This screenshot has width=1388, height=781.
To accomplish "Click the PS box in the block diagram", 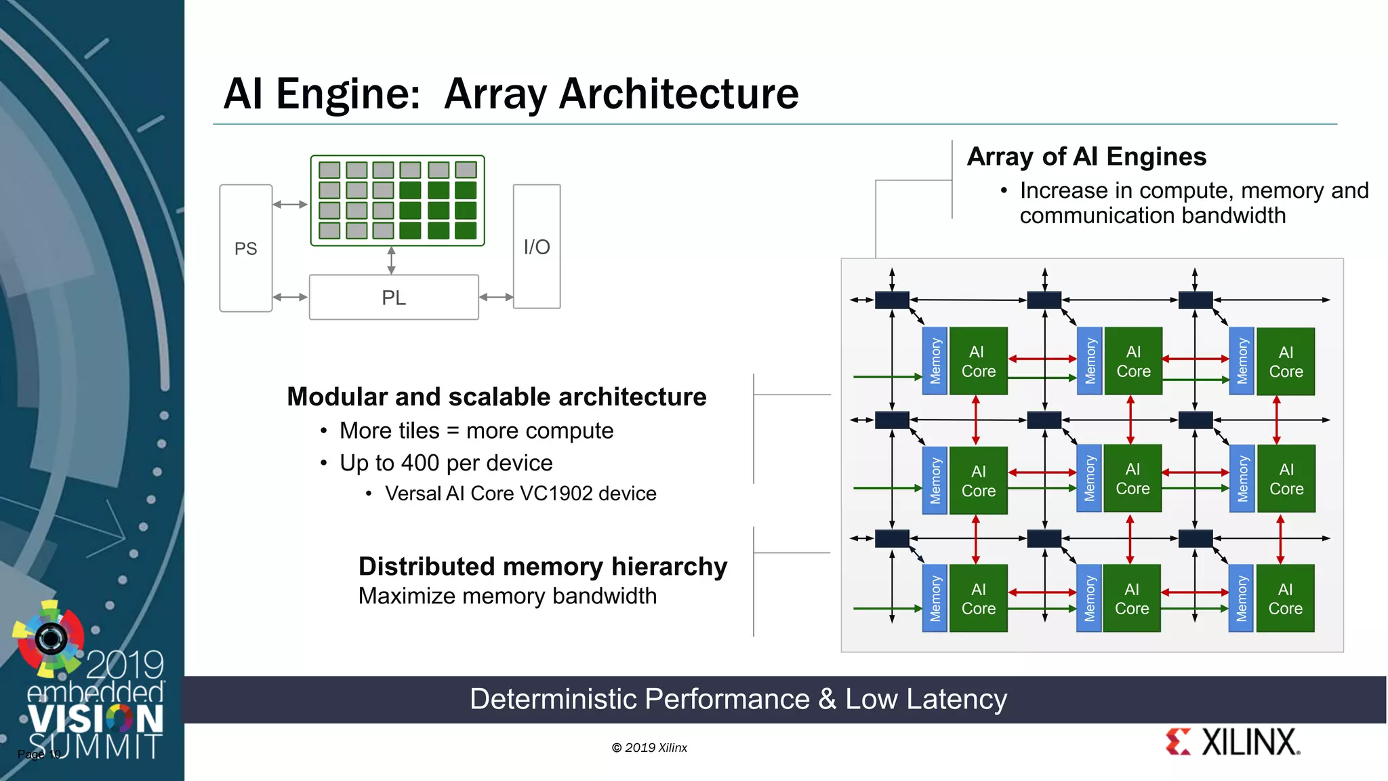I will click(x=245, y=248).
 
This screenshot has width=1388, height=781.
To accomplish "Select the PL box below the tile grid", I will click(x=393, y=297).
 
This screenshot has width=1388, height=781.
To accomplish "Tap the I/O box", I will click(x=536, y=247).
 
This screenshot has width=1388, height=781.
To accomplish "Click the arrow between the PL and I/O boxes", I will click(x=495, y=297).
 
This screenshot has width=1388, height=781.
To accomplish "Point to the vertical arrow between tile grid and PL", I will click(x=391, y=260).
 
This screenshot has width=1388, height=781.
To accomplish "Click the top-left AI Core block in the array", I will click(x=978, y=361).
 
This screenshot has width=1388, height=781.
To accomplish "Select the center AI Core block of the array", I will click(x=1132, y=479).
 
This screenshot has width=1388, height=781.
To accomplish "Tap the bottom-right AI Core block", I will click(x=1285, y=599).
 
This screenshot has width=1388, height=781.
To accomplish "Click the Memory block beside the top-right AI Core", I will click(x=1242, y=361).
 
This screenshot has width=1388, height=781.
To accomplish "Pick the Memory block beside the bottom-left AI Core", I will click(x=935, y=599).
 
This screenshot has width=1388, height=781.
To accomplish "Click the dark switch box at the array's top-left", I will click(x=892, y=300).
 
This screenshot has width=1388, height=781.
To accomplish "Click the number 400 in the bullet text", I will click(x=420, y=463).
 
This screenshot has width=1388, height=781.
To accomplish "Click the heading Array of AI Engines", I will click(x=1086, y=157).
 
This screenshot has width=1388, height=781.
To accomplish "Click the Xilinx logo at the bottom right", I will click(x=1233, y=742).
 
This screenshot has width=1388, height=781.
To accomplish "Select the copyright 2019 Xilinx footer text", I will click(x=649, y=748).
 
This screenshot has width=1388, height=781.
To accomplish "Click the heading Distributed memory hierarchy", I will click(x=542, y=566).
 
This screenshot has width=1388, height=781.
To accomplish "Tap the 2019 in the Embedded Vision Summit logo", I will click(x=125, y=664).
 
